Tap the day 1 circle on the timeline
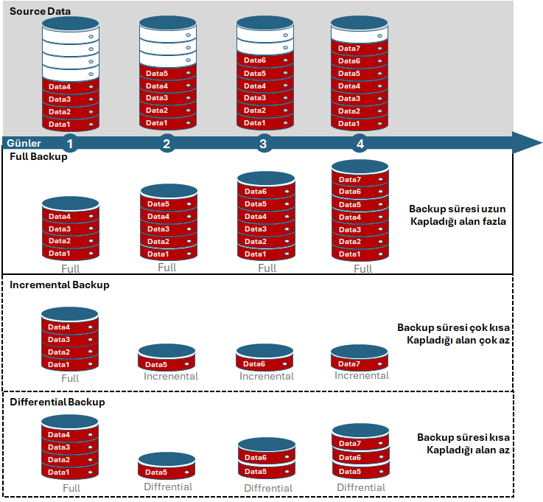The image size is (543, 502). point(70,144)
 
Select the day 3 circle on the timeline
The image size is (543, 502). point(263,144)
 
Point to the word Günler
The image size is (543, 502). point(24,143)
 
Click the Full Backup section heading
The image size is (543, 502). point(38,157)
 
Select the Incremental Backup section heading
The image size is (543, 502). point(59,285)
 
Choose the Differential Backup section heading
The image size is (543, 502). point(57,402)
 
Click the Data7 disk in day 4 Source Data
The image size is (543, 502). point(360,49)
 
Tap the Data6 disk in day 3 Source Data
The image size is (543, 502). point(265,61)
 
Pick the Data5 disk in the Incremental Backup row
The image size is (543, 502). point(167,364)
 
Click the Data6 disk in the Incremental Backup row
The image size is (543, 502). point(265,364)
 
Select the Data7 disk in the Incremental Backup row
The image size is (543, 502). point(360,364)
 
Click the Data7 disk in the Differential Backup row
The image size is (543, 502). point(360,444)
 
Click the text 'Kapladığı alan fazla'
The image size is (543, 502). point(458,221)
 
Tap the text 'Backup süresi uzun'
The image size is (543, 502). point(458,209)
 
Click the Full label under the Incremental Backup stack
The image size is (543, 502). point(70,378)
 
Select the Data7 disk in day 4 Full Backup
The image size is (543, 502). point(360,180)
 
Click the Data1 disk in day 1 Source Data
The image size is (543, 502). point(70,124)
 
